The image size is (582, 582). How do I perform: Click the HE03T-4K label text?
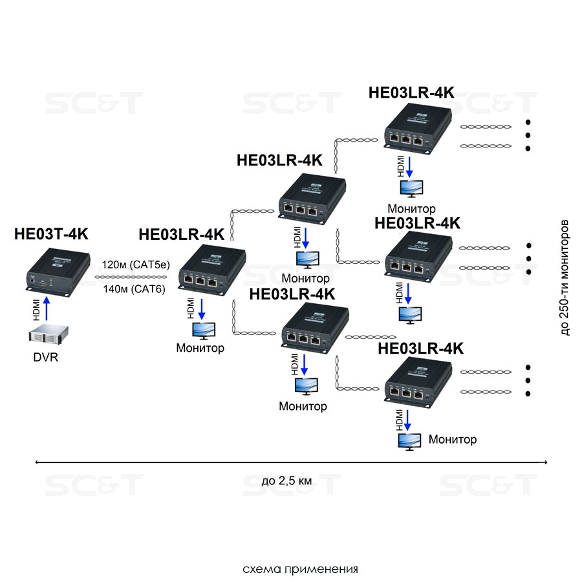pyautogui.click(x=51, y=234)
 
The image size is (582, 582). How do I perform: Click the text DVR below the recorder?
pyautogui.click(x=46, y=357)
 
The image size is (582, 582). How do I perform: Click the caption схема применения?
pyautogui.click(x=300, y=569)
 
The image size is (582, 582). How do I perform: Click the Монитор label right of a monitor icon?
pyautogui.click(x=453, y=440)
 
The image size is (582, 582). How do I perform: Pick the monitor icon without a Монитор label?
pyautogui.click(x=411, y=314)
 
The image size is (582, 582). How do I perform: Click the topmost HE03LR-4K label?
pyautogui.click(x=411, y=92)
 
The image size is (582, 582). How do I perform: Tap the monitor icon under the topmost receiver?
pyautogui.click(x=412, y=189)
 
